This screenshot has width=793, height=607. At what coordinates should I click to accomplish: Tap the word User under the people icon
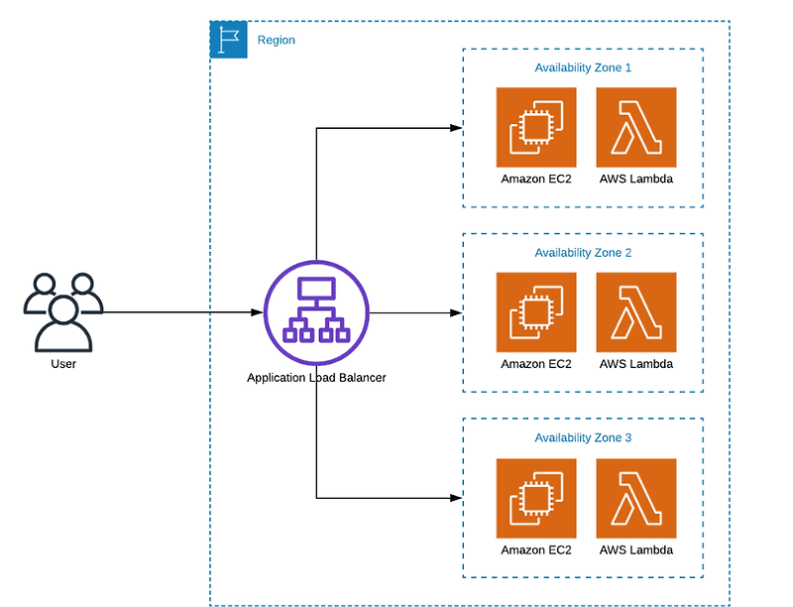(63, 364)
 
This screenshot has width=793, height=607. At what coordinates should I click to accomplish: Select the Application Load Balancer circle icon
(316, 312)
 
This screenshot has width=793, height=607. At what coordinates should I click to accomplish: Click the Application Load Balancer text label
(316, 378)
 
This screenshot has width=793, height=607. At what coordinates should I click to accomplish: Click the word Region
(276, 41)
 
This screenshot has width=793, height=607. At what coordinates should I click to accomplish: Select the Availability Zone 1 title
(583, 67)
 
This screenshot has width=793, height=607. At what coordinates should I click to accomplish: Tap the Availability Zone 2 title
(583, 253)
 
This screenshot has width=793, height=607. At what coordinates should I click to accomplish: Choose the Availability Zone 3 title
(583, 437)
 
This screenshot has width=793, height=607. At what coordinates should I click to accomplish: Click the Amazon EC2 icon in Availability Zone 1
(536, 127)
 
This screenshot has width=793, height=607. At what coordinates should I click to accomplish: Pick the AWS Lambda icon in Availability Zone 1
(636, 127)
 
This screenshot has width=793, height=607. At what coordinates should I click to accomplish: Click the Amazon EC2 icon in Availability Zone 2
(536, 312)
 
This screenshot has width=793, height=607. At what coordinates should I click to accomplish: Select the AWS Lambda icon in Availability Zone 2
(636, 312)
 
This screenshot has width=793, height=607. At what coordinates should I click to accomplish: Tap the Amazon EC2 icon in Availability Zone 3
(536, 498)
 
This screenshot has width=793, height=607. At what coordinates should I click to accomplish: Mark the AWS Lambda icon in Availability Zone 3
(636, 498)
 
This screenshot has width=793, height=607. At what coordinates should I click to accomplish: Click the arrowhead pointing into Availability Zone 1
(456, 128)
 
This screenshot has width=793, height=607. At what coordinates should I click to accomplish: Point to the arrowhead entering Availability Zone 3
(456, 498)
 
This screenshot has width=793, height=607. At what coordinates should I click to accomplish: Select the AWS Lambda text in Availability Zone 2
(636, 364)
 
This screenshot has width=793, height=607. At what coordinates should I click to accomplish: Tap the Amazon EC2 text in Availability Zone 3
(536, 549)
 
